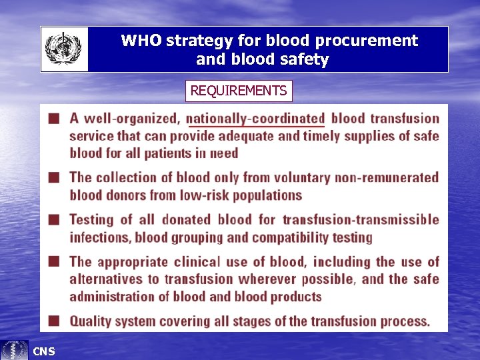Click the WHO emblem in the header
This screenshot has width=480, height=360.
pos(64,49)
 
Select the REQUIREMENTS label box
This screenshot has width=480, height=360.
pos(239,91)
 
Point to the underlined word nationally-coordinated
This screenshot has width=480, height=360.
pos(255,119)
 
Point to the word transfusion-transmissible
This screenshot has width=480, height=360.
pos(361,219)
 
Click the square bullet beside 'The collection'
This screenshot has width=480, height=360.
pos(53,177)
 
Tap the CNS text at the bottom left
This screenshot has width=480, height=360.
pos(44,351)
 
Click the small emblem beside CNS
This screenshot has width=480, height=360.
pos(15,350)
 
